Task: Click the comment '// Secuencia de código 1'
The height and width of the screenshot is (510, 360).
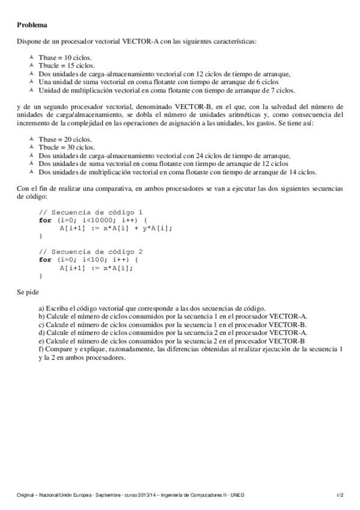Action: [91, 212]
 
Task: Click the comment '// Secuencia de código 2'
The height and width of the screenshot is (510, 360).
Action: [91, 251]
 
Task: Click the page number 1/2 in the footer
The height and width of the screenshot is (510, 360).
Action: [340, 494]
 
